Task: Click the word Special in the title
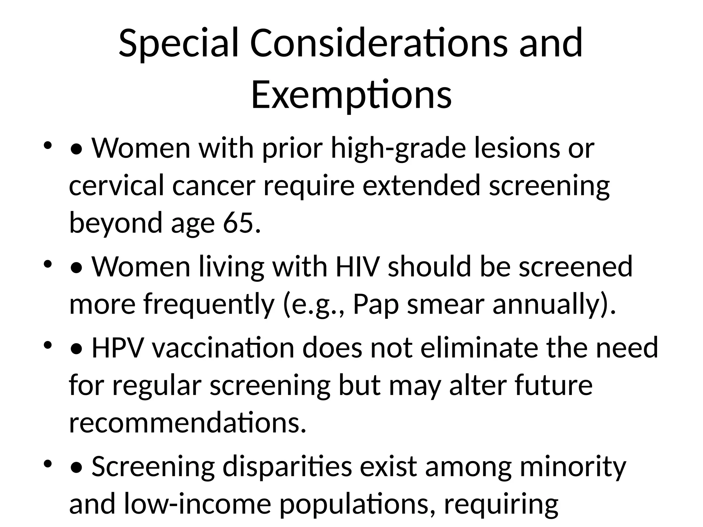[x=178, y=44]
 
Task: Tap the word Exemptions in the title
[x=351, y=94]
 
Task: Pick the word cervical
[x=116, y=185]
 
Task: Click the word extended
[x=422, y=185]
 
